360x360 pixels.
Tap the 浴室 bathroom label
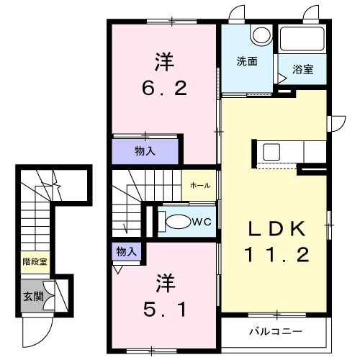click(x=303, y=69)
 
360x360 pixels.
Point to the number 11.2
click(x=277, y=254)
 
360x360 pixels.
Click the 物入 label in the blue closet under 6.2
click(x=145, y=151)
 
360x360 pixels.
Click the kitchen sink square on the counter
click(x=272, y=152)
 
